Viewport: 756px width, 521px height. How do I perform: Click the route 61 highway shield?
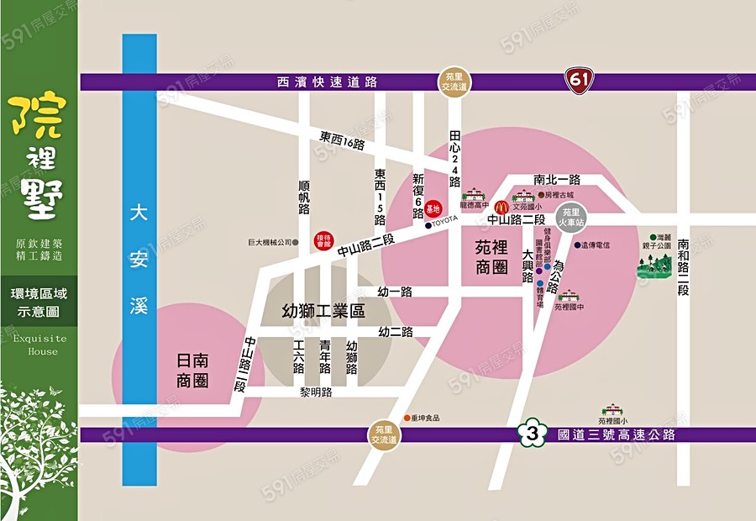click(x=579, y=80)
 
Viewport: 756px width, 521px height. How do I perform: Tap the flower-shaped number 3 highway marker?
click(x=530, y=434)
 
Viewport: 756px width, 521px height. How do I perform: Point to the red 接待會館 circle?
click(x=323, y=239)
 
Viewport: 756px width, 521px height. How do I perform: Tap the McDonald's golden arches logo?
click(x=501, y=206)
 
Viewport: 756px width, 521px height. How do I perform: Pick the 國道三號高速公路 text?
click(x=616, y=434)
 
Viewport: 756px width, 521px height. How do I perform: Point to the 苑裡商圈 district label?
click(x=491, y=257)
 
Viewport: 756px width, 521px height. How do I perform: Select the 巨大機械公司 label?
click(x=269, y=242)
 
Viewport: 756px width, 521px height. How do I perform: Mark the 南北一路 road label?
click(x=557, y=179)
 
